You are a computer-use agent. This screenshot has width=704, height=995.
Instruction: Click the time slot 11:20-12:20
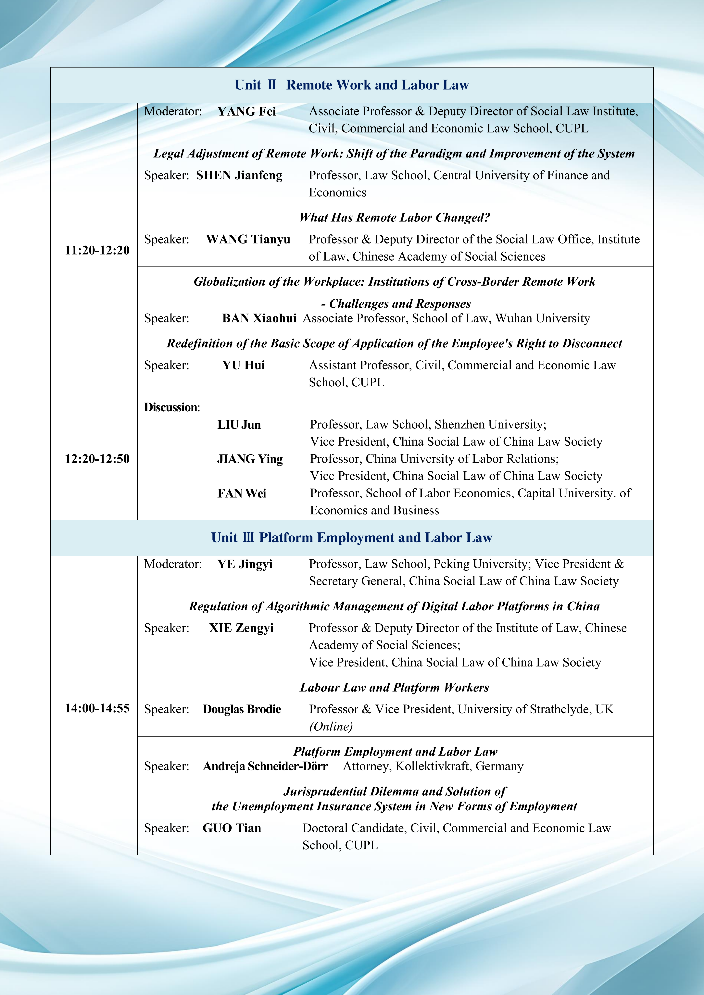tap(97, 250)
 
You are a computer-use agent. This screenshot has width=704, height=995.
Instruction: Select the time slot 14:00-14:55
tap(97, 708)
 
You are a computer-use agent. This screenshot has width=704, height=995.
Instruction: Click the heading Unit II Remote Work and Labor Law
tap(352, 85)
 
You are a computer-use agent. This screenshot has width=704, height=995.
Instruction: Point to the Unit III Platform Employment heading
tap(352, 538)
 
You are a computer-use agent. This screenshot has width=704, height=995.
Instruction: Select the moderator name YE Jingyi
tap(245, 564)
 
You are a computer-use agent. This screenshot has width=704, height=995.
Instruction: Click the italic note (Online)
tap(331, 726)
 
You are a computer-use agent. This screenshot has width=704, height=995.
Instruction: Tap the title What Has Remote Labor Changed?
tap(395, 218)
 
